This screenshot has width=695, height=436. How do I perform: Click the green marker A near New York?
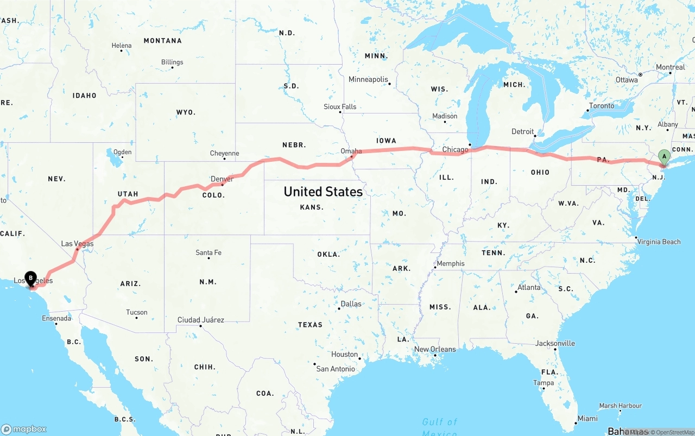pyautogui.click(x=664, y=156)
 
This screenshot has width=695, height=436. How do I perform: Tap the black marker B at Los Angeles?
pyautogui.click(x=31, y=278)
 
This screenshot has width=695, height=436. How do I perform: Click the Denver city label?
pyautogui.click(x=222, y=179)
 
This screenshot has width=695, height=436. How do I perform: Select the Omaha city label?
pyautogui.click(x=351, y=151)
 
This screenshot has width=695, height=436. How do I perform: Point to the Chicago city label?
pyautogui.click(x=455, y=149)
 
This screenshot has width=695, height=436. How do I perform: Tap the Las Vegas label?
pyautogui.click(x=77, y=244)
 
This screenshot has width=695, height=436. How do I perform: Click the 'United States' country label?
pyautogui.click(x=323, y=192)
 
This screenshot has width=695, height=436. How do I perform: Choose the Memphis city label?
pyautogui.click(x=451, y=263)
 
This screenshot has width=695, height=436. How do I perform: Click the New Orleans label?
pyautogui.click(x=435, y=349)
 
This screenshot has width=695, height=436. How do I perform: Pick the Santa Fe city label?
pyautogui.click(x=208, y=252)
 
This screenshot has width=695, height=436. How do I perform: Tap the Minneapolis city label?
pyautogui.click(x=368, y=79)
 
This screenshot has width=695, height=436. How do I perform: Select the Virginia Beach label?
pyautogui.click(x=659, y=242)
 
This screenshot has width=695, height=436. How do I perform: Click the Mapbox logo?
pyautogui.click(x=24, y=429)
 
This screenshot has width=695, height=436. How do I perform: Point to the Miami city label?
pyautogui.click(x=587, y=418)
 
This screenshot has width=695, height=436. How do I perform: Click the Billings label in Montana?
pyautogui.click(x=172, y=62)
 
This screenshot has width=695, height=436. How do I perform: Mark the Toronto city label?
pyautogui.click(x=602, y=106)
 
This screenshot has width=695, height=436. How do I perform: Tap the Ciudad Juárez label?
pyautogui.click(x=200, y=320)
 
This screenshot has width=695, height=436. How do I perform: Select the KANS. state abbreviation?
pyautogui.click(x=312, y=207)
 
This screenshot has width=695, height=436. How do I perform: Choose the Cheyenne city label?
pyautogui.click(x=224, y=154)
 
